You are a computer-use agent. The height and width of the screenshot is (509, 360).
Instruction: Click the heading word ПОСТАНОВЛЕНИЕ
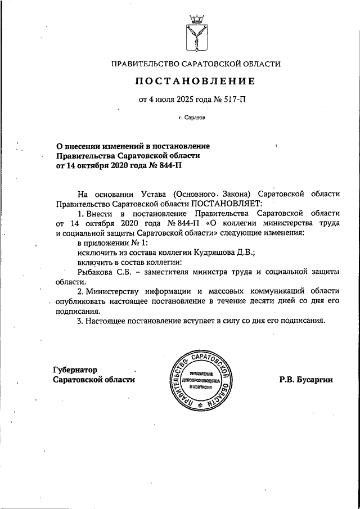pyautogui.click(x=195, y=82)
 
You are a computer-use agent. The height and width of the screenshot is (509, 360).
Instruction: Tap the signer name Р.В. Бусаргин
pyautogui.click(x=306, y=380)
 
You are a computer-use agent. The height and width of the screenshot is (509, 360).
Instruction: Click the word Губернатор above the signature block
pyautogui.click(x=75, y=370)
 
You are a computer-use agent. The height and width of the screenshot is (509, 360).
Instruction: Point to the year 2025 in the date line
pyautogui.click(x=185, y=100)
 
